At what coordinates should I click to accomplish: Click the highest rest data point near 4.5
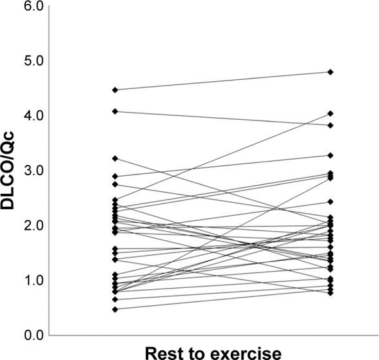115,90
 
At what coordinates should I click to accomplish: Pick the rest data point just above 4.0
115,111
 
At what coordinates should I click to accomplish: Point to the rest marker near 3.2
115,158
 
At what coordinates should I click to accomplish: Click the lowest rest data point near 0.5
115,309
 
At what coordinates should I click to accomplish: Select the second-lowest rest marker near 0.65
115,299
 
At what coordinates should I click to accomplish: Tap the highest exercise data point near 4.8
331,72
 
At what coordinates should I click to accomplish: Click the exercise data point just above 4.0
331,113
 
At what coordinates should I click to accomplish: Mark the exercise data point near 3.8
331,125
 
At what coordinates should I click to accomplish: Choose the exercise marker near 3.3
331,155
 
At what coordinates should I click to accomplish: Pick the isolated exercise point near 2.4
331,202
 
